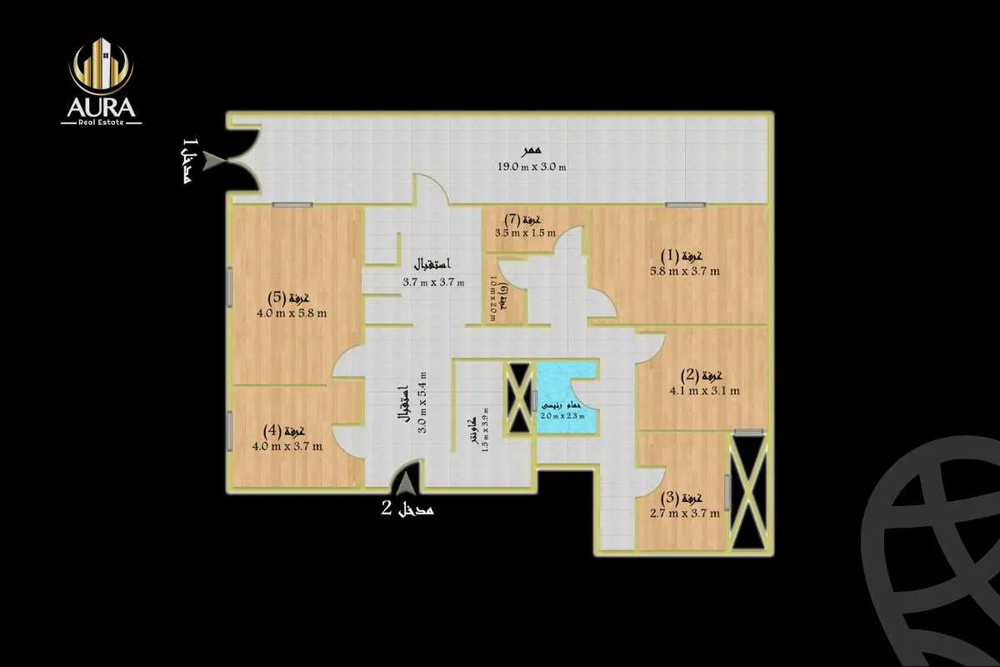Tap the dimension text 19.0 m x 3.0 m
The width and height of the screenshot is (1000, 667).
(x=532, y=167)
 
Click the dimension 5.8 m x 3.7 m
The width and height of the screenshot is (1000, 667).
(x=685, y=271)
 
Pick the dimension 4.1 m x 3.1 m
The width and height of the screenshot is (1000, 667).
(x=705, y=390)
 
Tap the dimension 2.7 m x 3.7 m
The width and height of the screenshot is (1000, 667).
(x=684, y=514)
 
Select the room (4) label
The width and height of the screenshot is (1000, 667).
(x=282, y=431)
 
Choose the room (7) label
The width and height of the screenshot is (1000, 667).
(x=524, y=219)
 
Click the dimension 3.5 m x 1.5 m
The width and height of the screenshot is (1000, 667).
(x=525, y=233)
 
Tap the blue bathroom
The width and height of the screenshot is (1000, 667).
(x=567, y=399)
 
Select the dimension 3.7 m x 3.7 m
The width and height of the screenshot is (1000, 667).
(x=432, y=282)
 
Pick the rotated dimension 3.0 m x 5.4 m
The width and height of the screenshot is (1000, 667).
(x=422, y=403)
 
